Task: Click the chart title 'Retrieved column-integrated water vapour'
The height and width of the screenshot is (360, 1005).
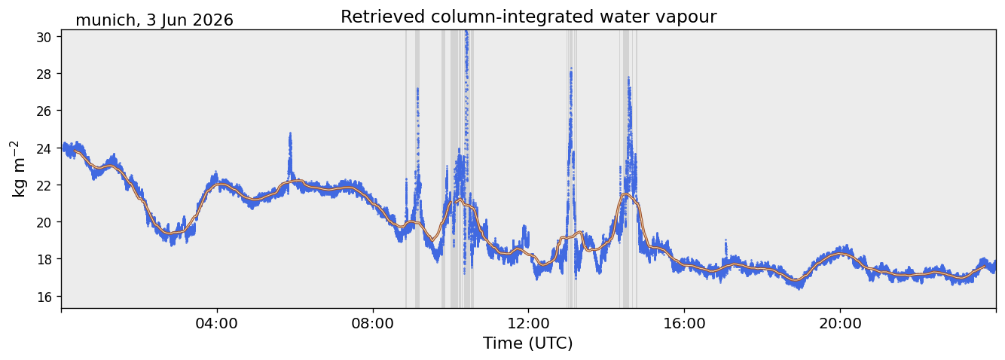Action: click(x=529, y=17)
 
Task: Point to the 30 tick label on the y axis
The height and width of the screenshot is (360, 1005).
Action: click(x=44, y=37)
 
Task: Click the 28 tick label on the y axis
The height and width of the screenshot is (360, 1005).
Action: click(x=44, y=74)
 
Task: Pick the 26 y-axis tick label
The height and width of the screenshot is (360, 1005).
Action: click(x=44, y=111)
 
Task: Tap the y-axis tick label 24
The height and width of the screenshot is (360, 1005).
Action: click(x=44, y=148)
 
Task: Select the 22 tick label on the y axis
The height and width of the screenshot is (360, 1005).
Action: click(x=44, y=185)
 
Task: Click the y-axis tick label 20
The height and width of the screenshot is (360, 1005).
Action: click(x=44, y=222)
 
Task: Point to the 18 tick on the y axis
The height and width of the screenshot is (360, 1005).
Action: click(x=44, y=259)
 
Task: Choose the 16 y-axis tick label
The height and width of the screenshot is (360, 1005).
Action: click(x=44, y=296)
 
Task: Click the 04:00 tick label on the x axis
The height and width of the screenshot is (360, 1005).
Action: click(x=217, y=323)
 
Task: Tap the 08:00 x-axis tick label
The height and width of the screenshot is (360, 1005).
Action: click(x=373, y=323)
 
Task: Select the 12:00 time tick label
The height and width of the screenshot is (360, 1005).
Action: click(x=529, y=323)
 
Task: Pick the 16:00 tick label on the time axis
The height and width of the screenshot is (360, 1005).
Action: click(x=684, y=323)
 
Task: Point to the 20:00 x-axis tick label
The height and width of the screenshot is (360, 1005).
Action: click(x=840, y=323)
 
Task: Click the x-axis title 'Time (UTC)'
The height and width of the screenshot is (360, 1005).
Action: click(x=528, y=343)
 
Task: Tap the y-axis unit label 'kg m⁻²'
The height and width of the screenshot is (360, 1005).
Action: click(x=18, y=169)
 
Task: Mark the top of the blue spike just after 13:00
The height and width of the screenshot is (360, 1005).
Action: click(x=571, y=68)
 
